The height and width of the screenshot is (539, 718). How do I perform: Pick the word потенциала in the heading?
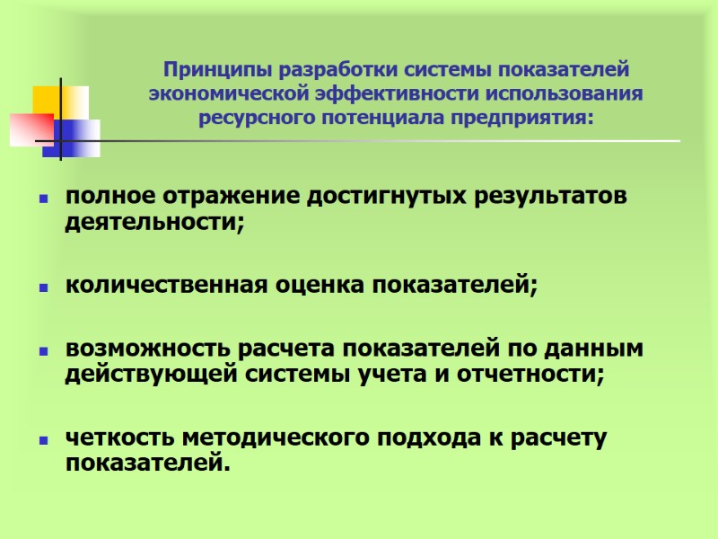point(384,118)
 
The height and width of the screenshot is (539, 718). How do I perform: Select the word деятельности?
point(153,221)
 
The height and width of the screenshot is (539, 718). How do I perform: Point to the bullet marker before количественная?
point(42,288)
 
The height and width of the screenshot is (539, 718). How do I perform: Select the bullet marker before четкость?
point(42,441)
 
